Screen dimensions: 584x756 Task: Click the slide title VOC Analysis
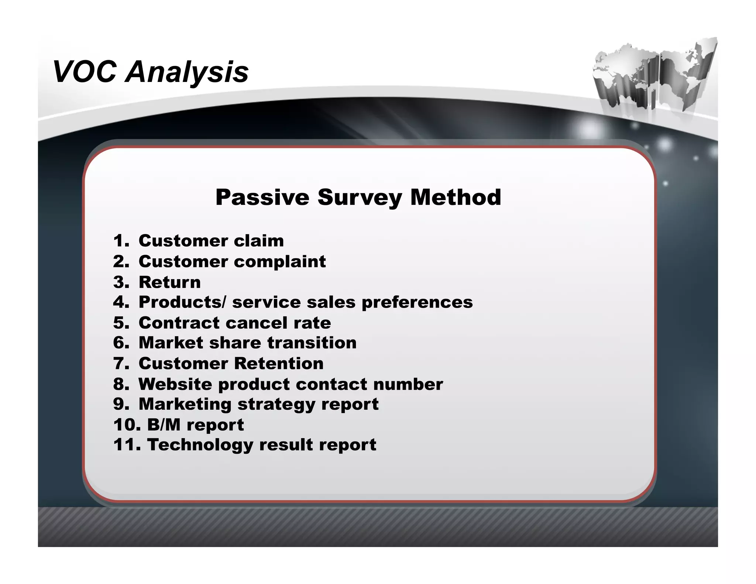151,72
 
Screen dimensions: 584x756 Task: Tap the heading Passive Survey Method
358,197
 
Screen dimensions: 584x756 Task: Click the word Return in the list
170,282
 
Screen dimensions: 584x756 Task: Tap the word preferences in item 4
417,302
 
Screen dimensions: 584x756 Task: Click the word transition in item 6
312,343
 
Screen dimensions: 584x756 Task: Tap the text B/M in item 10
164,425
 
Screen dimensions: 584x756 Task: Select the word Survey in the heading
360,198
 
